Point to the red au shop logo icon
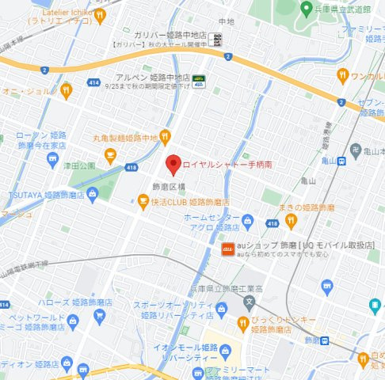click(x=227, y=249)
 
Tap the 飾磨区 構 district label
click(x=168, y=186)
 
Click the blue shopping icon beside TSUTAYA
click(x=93, y=193)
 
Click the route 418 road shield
click(x=131, y=167)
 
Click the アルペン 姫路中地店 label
click(x=153, y=78)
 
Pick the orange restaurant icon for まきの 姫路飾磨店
click(x=291, y=220)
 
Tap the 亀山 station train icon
click(x=340, y=161)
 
